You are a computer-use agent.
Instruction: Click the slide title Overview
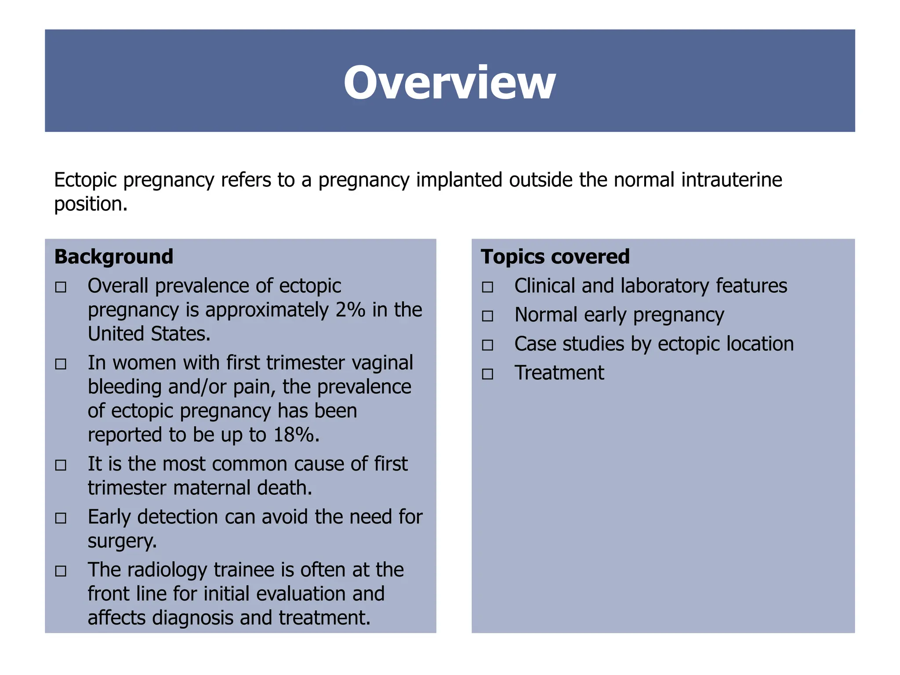tap(450, 83)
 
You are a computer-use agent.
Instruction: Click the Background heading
tap(114, 257)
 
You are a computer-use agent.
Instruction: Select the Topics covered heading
tap(555, 257)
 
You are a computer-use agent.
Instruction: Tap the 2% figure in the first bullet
tap(350, 310)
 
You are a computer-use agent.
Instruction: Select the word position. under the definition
tap(91, 204)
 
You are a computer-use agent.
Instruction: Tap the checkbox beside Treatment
tap(487, 374)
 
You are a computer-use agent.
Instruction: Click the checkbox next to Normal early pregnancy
tap(487, 316)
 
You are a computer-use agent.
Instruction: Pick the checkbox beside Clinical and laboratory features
tap(487, 287)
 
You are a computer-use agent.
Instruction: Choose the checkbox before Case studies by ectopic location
tap(487, 345)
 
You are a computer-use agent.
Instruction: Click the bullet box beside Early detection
tap(61, 518)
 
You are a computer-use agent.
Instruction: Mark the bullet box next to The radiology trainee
tap(61, 571)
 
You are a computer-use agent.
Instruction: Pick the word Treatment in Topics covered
tap(559, 373)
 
